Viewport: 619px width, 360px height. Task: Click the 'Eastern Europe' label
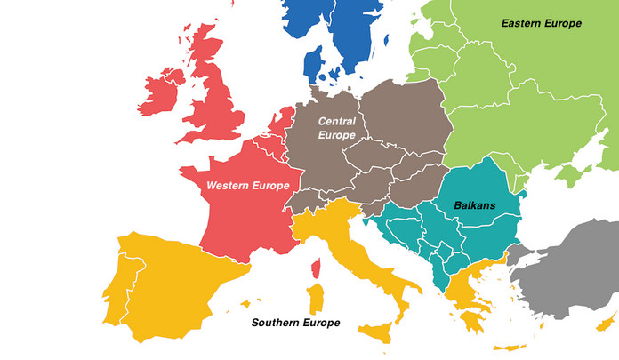coord(541,23)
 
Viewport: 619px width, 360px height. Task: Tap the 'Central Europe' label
coord(337,127)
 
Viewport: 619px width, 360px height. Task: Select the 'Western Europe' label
coord(248,186)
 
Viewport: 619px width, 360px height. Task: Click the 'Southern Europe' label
coord(295,322)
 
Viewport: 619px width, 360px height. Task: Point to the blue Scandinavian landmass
coord(342,31)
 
